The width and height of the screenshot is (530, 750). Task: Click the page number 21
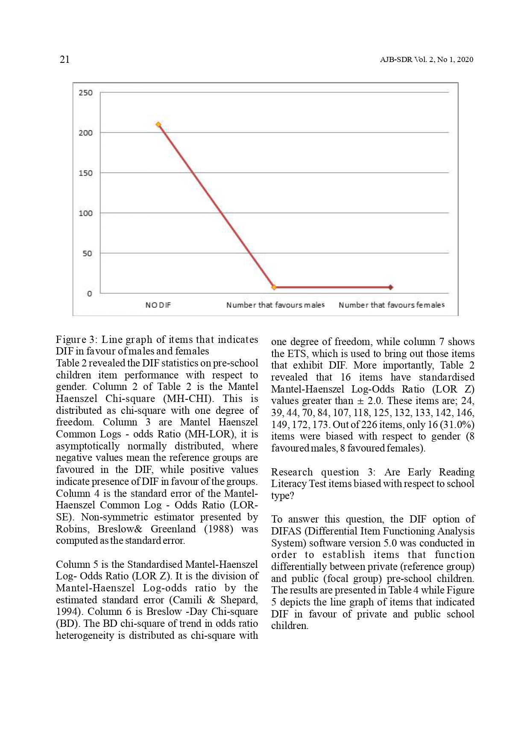click(x=64, y=59)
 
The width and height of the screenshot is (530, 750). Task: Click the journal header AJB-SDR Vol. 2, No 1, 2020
click(x=426, y=60)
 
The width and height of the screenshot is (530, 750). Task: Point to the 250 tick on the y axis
click(x=85, y=93)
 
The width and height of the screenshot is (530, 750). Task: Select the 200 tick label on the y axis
click(x=85, y=133)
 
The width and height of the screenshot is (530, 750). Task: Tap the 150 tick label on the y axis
click(x=85, y=173)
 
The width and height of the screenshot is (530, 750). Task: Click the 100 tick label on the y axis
click(x=85, y=213)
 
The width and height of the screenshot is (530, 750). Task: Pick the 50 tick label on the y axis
click(x=87, y=254)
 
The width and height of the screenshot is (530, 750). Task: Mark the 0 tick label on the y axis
click(x=89, y=294)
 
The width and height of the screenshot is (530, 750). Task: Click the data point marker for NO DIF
click(x=158, y=125)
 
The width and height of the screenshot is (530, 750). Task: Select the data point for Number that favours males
click(x=274, y=287)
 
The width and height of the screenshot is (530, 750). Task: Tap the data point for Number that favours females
click(x=390, y=287)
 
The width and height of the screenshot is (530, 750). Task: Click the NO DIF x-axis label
click(x=158, y=305)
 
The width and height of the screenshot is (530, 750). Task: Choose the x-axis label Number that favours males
click(x=275, y=305)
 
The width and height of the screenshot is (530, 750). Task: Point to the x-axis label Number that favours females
click(x=391, y=305)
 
